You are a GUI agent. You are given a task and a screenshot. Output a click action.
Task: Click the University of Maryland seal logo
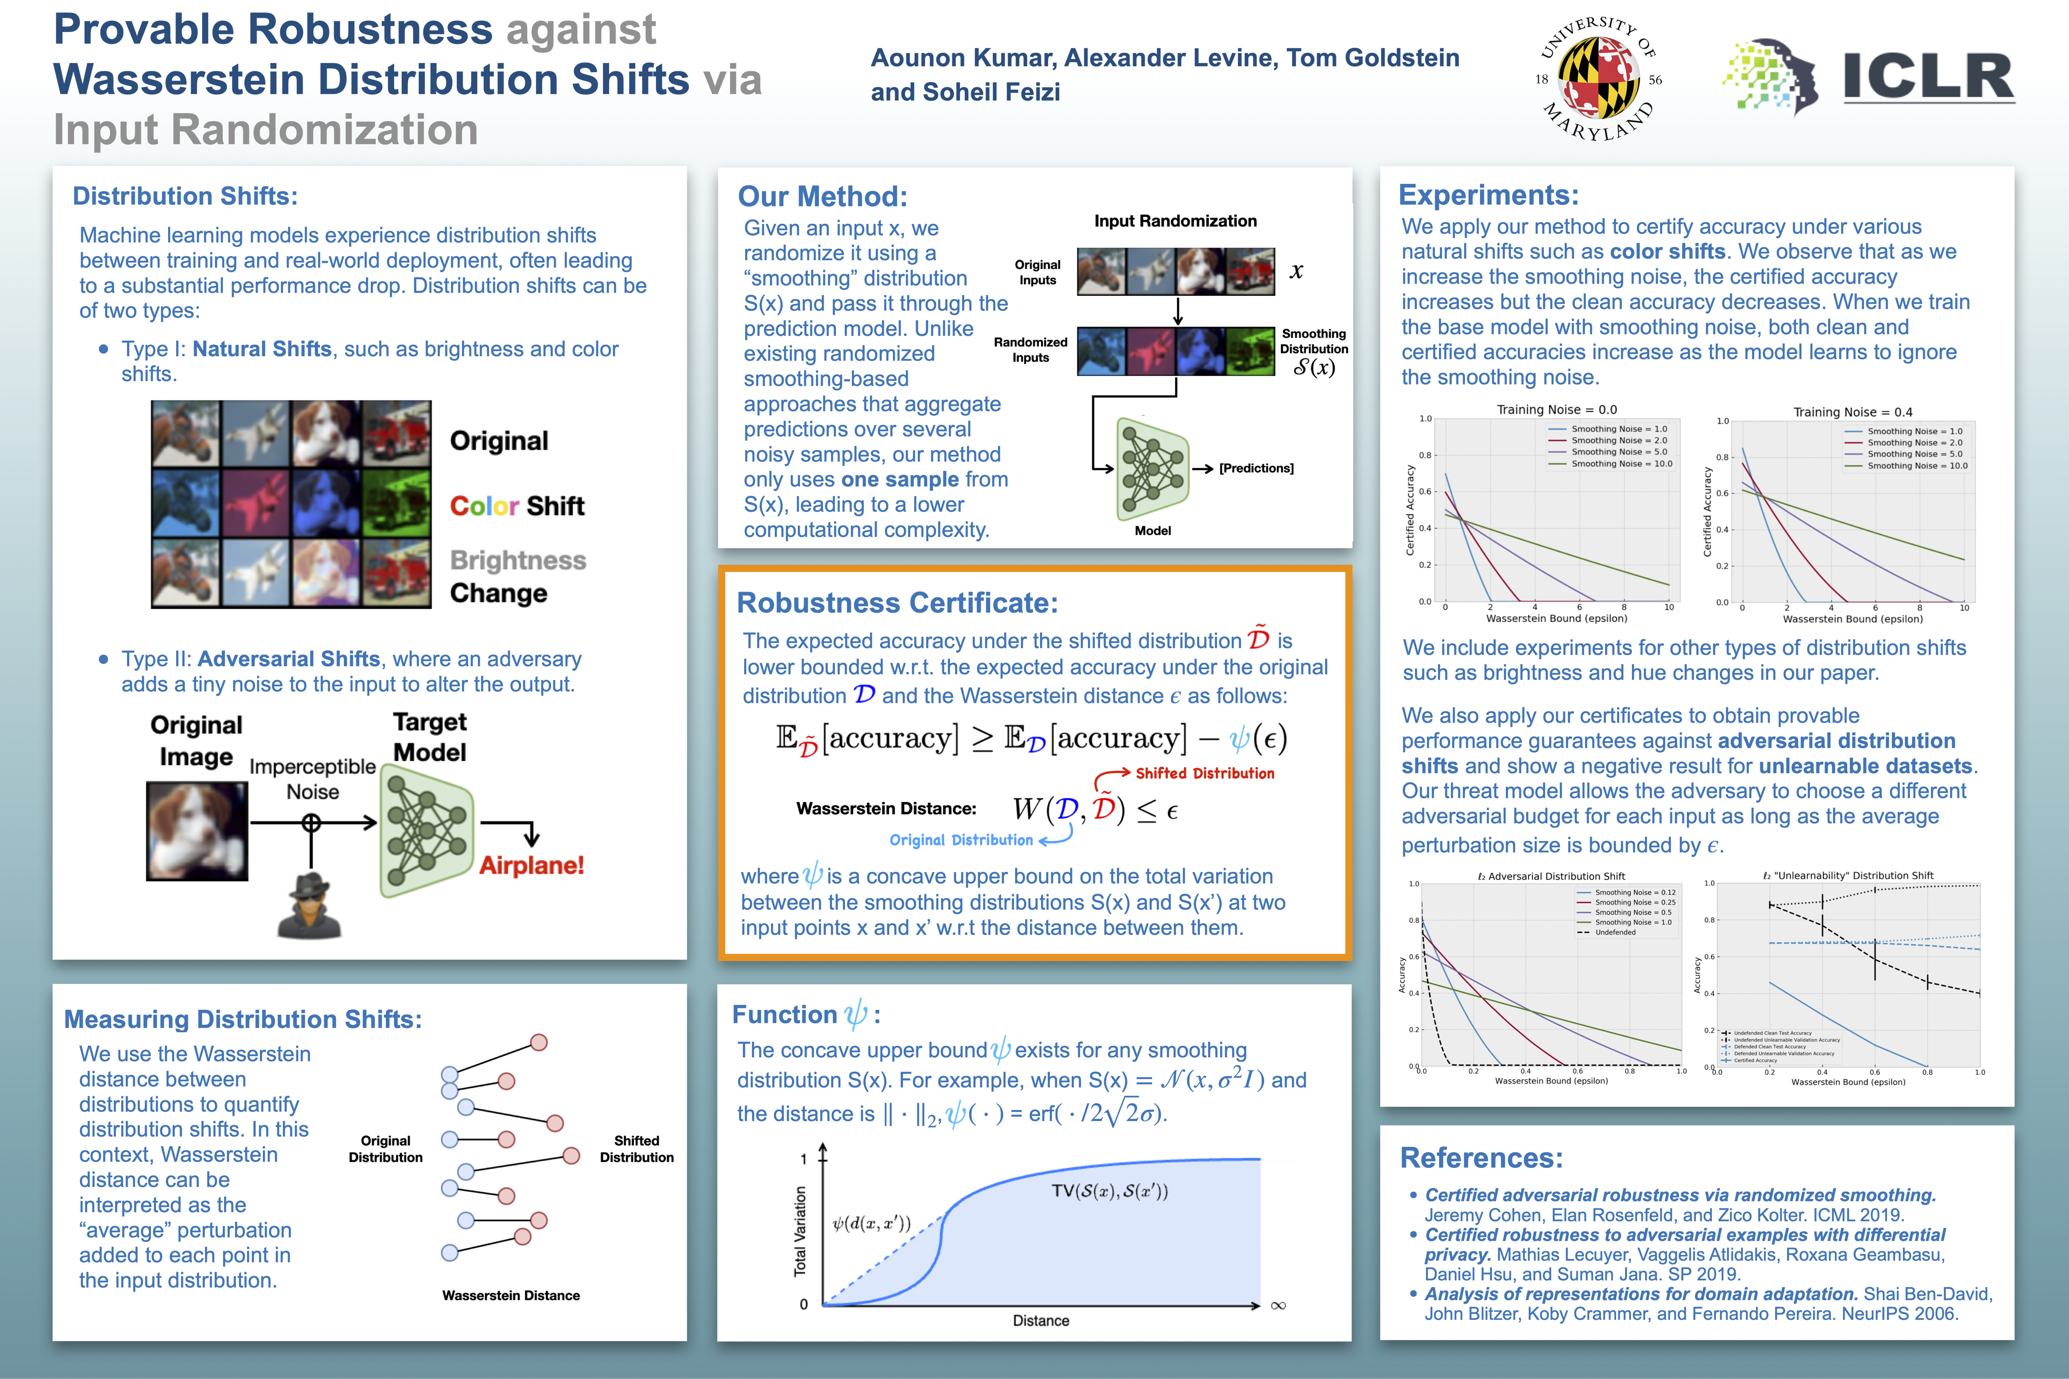pyautogui.click(x=1598, y=79)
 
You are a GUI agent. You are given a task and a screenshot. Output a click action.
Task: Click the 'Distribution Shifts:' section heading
pyautogui.click(x=185, y=196)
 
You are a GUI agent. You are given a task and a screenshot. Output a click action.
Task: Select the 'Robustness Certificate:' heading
pyautogui.click(x=897, y=603)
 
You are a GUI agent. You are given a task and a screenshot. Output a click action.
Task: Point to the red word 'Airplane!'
pyautogui.click(x=531, y=865)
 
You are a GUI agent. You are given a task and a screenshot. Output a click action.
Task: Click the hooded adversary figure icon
pyautogui.click(x=309, y=906)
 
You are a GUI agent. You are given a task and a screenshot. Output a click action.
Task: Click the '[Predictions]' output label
pyautogui.click(x=1255, y=468)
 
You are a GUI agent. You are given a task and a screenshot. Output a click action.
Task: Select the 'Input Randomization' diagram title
pyautogui.click(x=1175, y=221)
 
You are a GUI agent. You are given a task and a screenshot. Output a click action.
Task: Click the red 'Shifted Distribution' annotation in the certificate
pyautogui.click(x=1205, y=773)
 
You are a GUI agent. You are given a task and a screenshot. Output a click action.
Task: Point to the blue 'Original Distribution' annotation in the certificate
pyautogui.click(x=961, y=840)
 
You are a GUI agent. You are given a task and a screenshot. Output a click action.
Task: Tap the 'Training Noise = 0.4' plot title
pyautogui.click(x=1852, y=412)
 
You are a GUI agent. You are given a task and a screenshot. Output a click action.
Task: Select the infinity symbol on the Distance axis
pyautogui.click(x=1278, y=1305)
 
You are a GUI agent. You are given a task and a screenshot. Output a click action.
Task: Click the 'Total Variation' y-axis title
pyautogui.click(x=800, y=1231)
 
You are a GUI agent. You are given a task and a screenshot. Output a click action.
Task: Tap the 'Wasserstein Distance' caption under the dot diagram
pyautogui.click(x=511, y=1296)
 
